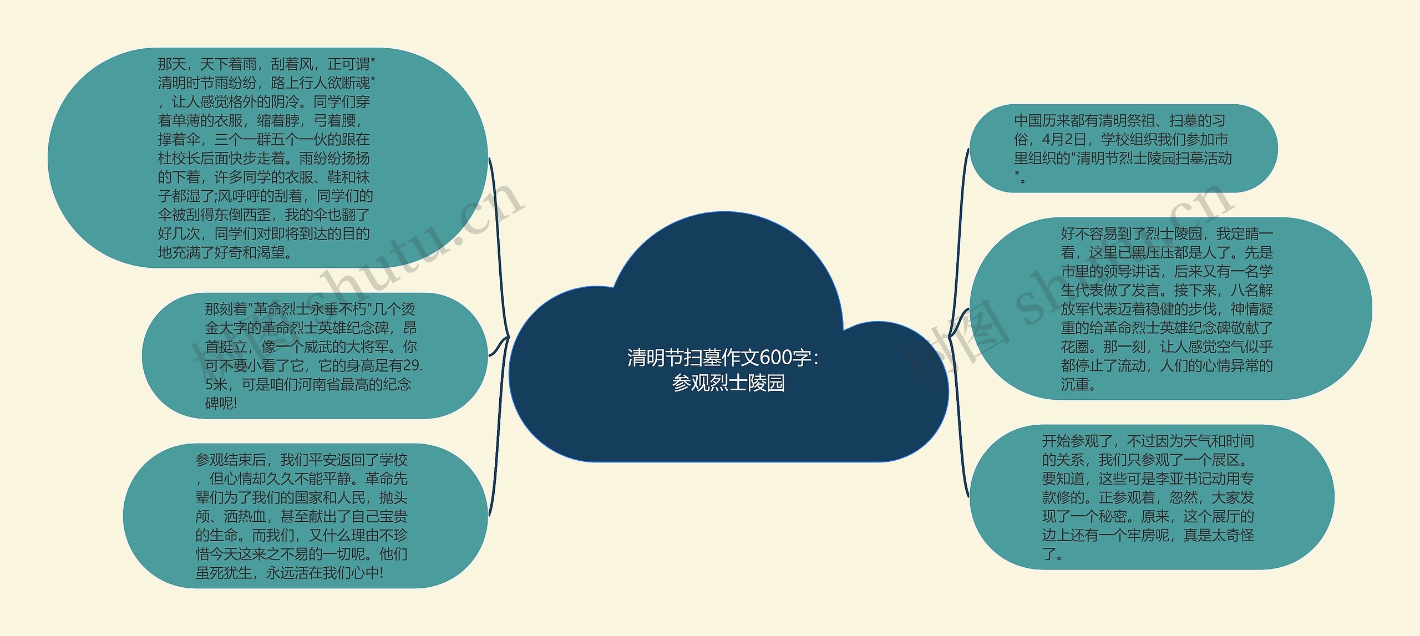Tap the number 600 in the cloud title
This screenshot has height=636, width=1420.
776,358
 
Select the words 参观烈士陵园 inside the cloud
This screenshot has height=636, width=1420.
728,383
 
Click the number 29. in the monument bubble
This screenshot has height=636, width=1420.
413,365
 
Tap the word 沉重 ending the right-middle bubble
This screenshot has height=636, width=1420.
1075,384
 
